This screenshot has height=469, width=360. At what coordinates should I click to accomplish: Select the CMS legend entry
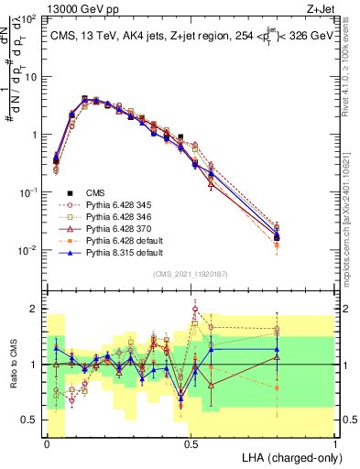[x=95, y=192]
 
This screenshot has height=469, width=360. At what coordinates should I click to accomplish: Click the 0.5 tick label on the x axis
[x=191, y=443]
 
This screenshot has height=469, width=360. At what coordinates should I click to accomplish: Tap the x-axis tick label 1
[x=335, y=443]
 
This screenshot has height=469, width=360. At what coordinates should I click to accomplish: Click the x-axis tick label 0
[x=47, y=443]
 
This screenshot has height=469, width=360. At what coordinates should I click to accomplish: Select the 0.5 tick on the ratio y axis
[x=31, y=420]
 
